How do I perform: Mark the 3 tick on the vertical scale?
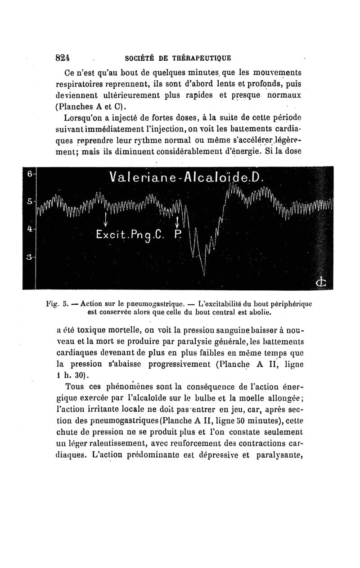click(28, 257)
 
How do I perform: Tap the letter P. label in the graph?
click(177, 235)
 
